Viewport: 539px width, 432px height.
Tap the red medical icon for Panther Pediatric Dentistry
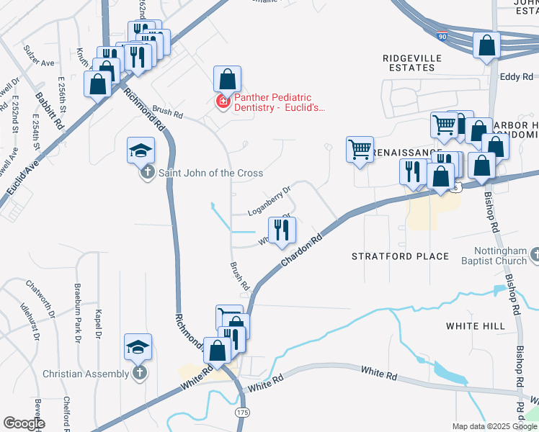223,103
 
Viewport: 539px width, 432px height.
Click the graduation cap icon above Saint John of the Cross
141,151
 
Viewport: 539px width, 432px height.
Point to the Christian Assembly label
88,374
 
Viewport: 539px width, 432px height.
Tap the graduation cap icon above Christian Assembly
138,348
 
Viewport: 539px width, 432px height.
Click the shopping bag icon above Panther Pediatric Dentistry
227,79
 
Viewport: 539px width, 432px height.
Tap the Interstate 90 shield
440,35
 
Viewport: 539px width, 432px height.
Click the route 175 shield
242,412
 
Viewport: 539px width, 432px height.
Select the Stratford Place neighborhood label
400,256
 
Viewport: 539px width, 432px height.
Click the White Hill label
475,326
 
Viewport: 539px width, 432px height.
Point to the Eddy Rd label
517,76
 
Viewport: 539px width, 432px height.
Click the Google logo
23,423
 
